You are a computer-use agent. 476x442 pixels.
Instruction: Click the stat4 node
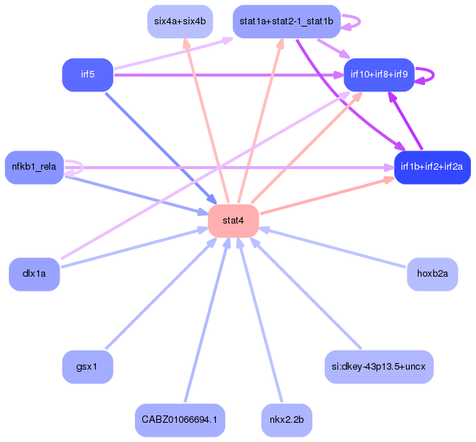233,221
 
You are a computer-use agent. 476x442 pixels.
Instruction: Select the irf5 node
88,75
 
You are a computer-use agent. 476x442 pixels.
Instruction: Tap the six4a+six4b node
180,21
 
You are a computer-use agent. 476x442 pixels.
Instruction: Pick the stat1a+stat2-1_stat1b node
287,21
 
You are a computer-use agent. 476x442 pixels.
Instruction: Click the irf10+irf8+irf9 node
379,75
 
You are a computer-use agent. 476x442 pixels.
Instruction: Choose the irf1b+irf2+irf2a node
433,168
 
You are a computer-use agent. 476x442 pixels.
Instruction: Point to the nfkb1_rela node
35,168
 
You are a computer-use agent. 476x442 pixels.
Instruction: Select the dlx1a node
35,274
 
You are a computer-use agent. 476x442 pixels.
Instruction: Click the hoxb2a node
433,274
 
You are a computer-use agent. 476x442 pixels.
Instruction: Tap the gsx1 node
88,367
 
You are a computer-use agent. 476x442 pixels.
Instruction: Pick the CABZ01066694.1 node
180,420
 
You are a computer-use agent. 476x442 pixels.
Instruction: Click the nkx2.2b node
287,420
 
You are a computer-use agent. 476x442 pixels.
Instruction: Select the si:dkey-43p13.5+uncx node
379,367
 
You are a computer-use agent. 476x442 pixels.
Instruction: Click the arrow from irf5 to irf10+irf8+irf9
228,75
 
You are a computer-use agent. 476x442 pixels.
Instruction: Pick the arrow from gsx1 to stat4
161,294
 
